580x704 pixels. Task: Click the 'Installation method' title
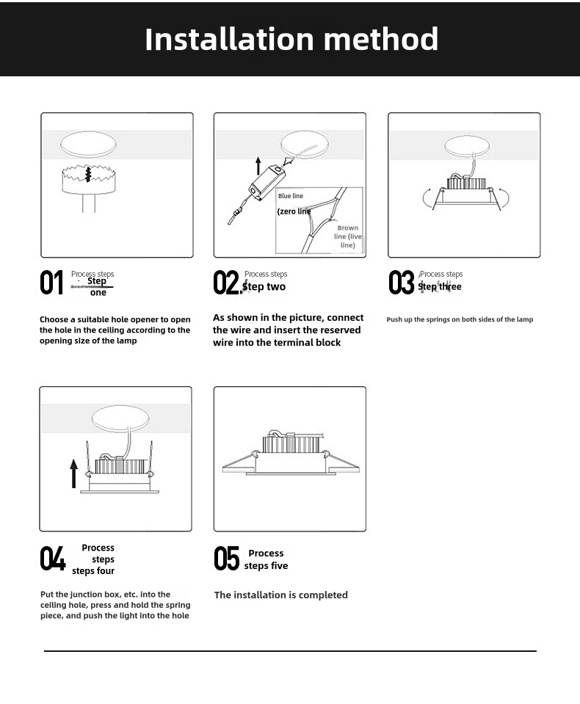[x=291, y=39]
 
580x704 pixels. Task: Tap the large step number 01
[x=51, y=283]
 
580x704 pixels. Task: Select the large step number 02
[x=226, y=283]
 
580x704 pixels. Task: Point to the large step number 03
[x=402, y=283]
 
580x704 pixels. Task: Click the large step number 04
[x=52, y=559]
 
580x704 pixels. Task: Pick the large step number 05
[x=226, y=559]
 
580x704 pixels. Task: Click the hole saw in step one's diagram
[x=88, y=179]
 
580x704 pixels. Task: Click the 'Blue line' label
[x=291, y=196]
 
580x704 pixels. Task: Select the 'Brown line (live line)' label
[x=348, y=236]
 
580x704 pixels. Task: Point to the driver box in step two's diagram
[x=266, y=181]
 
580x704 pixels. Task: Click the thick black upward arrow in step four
[x=73, y=473]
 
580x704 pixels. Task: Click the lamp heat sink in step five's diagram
[x=289, y=444]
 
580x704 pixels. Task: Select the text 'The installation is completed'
[x=281, y=595]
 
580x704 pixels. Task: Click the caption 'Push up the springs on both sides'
[x=460, y=319]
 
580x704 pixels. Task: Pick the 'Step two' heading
[x=264, y=287]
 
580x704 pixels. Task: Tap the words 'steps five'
[x=266, y=566]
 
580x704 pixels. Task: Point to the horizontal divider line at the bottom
[x=290, y=650]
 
